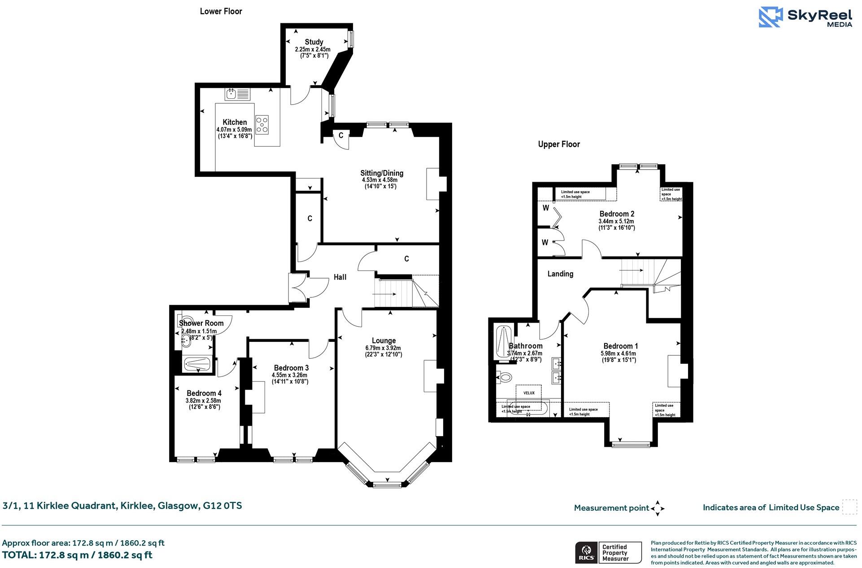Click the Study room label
313,42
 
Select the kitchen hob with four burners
262,124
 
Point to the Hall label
340,277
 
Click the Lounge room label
383,341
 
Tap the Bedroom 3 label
291,368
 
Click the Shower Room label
201,323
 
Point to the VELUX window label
529,393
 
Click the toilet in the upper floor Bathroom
504,377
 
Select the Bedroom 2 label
617,214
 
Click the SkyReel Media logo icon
771,17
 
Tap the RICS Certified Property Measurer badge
608,553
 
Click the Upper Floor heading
559,144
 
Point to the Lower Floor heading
221,12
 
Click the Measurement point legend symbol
657,508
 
